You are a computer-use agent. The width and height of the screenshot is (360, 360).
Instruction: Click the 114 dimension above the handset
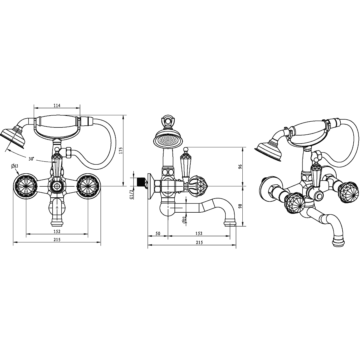tap(57, 105)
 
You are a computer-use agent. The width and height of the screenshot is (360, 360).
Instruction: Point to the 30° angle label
tap(31, 154)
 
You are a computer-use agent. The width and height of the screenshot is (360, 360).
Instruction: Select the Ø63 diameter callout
tap(14, 166)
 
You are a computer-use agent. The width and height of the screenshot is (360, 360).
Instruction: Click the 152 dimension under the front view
tap(57, 231)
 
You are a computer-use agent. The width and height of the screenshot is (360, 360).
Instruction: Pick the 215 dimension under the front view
tap(57, 240)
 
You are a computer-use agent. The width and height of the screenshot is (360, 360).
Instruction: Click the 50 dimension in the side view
tap(158, 233)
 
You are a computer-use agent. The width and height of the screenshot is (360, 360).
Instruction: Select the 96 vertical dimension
tap(240, 167)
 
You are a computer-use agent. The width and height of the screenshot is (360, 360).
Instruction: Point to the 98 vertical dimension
tap(240, 206)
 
